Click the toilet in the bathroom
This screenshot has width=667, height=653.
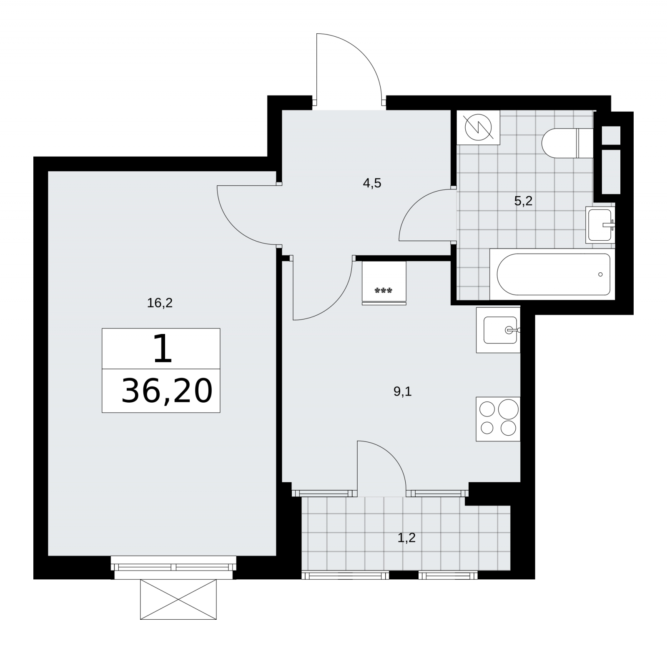click(567, 143)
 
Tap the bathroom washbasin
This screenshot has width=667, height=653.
click(600, 224)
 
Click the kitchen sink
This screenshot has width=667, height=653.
click(499, 330)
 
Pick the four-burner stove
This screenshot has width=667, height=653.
click(499, 419)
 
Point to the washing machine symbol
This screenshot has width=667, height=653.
click(478, 127)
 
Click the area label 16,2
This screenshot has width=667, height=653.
click(160, 303)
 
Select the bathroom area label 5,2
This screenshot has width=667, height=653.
click(523, 202)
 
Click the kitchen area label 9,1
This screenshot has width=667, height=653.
click(402, 391)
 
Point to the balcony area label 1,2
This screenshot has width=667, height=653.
click(406, 538)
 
